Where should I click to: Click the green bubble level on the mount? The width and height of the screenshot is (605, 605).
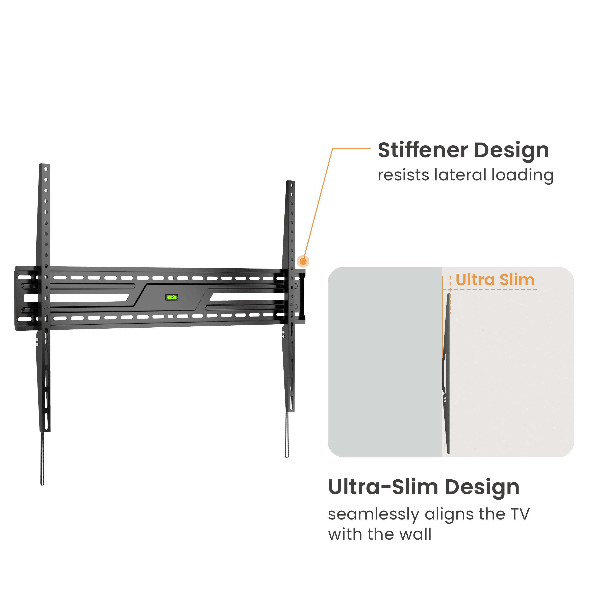(x=172, y=297)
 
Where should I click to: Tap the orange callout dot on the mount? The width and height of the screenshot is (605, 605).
(x=303, y=261)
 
